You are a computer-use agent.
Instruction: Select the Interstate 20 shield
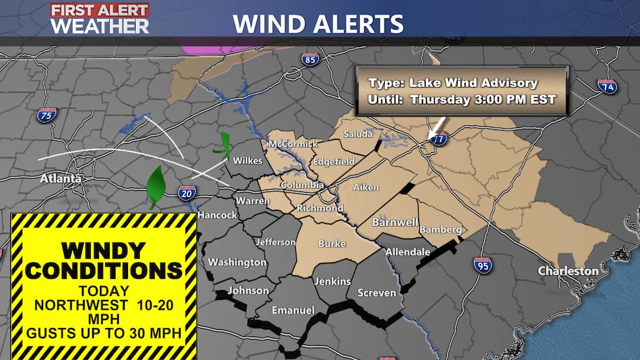187,191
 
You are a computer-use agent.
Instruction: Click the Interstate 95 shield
483,265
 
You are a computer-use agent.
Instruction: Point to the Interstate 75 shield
47,115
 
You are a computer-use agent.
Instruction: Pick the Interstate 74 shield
607,86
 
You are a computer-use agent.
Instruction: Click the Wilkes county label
248,161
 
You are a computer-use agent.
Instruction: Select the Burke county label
331,244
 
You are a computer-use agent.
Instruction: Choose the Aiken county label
366,188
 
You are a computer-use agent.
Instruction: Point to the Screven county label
377,293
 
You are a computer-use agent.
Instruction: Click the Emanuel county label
293,310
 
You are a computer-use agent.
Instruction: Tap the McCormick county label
293,144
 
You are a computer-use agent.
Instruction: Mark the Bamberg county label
441,230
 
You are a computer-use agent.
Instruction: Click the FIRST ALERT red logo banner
100,10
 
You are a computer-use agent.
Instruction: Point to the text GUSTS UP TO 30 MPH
104,333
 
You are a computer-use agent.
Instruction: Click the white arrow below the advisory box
437,127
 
